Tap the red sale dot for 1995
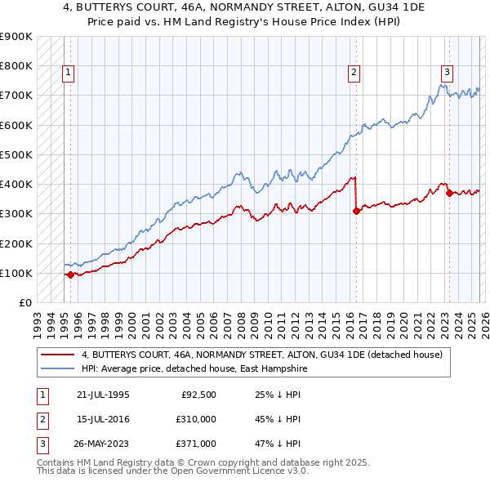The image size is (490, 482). pyautogui.click(x=70, y=275)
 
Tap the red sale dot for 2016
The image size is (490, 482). pyautogui.click(x=356, y=211)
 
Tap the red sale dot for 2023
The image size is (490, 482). pyautogui.click(x=449, y=193)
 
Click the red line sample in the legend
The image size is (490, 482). pyautogui.click(x=58, y=355)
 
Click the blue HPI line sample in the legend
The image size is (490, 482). pyautogui.click(x=58, y=368)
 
